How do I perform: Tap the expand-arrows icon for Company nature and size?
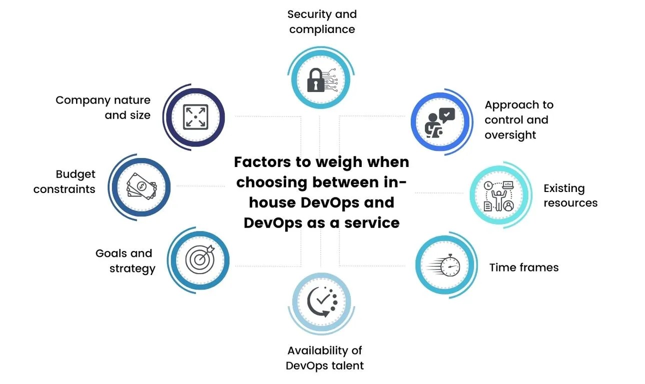point(195,116)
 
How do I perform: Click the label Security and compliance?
point(322,21)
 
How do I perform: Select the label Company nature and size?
point(103,107)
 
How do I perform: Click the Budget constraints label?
point(65,181)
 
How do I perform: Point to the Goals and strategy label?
point(126,260)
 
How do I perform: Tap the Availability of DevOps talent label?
point(324,357)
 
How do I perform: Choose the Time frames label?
point(523,267)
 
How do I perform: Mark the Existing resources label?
point(570,195)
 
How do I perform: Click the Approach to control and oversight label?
point(518,120)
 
